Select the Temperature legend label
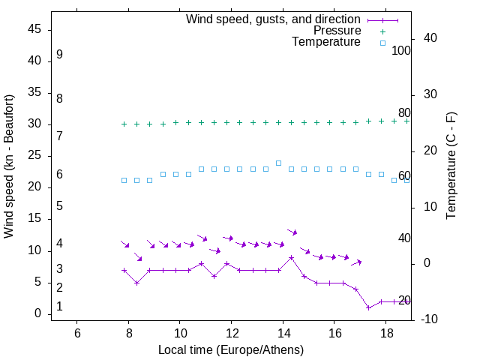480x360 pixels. point(326,42)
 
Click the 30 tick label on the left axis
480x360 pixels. point(34,124)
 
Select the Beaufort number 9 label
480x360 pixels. point(59,55)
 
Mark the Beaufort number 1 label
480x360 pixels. point(59,307)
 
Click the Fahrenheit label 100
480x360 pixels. point(401,51)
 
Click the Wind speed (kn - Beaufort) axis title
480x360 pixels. point(9,166)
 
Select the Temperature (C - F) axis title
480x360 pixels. point(451,166)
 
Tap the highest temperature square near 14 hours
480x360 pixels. point(278,163)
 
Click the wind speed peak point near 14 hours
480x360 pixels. point(291,257)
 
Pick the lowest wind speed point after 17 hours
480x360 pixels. point(368,307)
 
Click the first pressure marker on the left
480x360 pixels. point(124,124)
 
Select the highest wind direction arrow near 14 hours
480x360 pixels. point(292,232)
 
